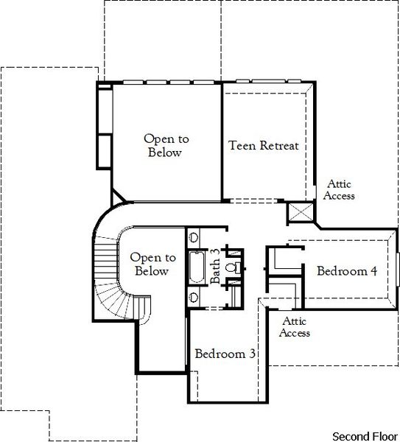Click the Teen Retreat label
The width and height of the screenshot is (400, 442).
(264, 145)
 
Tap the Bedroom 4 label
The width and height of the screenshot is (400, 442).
(347, 271)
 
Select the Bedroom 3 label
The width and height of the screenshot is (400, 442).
(225, 354)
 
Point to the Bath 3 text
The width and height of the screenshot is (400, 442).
(215, 266)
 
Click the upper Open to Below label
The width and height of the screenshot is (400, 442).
(166, 145)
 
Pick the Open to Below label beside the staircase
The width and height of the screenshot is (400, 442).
(152, 264)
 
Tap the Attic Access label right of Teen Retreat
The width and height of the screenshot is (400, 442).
(340, 190)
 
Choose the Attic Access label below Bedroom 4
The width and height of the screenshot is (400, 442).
(295, 327)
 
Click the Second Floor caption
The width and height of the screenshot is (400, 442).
(365, 435)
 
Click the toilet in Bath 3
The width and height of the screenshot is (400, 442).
(230, 267)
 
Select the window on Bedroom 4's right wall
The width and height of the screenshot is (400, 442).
(397, 270)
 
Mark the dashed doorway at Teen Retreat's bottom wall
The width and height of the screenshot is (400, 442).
(255, 201)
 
